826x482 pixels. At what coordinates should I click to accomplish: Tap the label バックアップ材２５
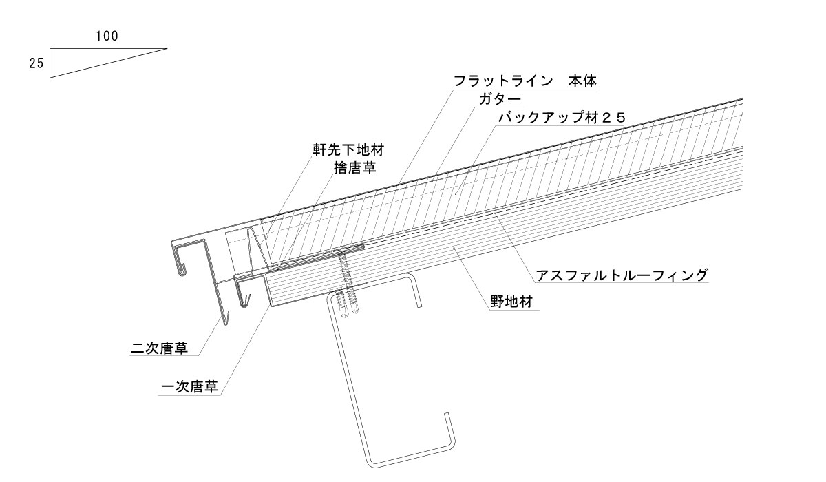tap(562, 118)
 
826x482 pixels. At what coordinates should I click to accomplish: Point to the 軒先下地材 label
tap(340, 149)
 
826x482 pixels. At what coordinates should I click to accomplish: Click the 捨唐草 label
tap(354, 167)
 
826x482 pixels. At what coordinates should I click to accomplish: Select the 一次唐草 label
tap(189, 387)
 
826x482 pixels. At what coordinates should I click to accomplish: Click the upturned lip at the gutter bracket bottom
tap(448, 427)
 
